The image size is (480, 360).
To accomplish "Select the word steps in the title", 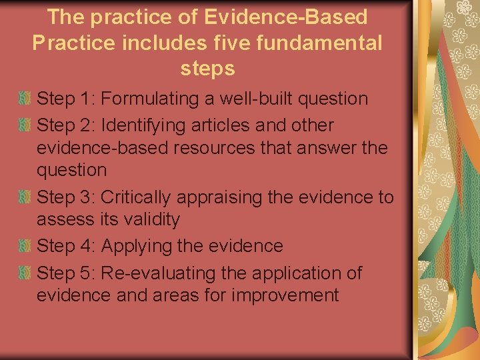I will coord(207,69).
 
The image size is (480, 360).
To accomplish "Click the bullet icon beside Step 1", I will coord(25,99).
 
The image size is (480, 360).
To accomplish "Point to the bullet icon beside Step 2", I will coord(25,125).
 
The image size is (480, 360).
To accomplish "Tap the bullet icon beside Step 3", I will coord(25,198).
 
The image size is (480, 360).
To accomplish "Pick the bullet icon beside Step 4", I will coord(25,246).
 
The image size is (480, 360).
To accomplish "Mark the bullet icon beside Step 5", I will coord(25,273).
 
